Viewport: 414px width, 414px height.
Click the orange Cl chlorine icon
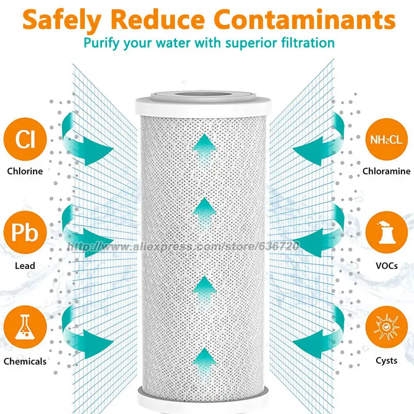[x=25, y=139]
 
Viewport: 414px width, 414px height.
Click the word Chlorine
[x=25, y=171]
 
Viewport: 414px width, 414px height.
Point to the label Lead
[x=25, y=266]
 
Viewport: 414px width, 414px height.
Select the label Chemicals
[x=25, y=361]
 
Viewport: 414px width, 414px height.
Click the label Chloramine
[x=386, y=171]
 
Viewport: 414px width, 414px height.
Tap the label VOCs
[x=386, y=266]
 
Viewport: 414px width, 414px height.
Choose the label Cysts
[x=386, y=361]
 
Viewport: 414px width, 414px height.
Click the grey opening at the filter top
[x=206, y=96]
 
